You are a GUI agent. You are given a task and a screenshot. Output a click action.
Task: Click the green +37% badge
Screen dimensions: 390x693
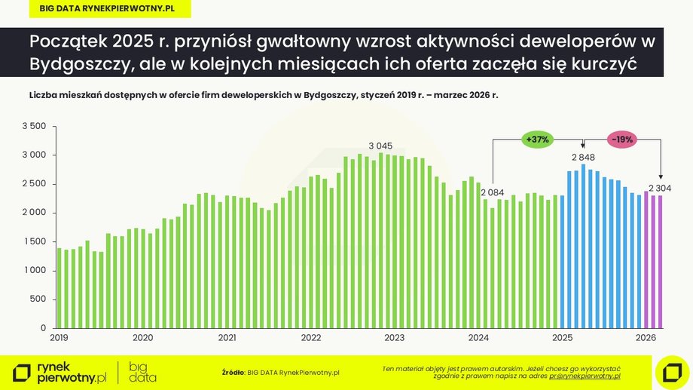(539, 140)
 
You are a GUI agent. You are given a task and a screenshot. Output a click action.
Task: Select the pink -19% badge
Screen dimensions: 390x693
(622, 140)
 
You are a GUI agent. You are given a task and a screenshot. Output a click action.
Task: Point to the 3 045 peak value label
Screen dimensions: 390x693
(382, 145)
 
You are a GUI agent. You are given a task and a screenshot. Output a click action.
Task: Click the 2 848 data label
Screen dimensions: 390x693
(584, 158)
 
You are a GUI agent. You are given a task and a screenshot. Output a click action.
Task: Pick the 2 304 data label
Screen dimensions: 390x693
(660, 188)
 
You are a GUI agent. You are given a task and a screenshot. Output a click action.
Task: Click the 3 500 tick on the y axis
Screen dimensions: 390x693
(35, 126)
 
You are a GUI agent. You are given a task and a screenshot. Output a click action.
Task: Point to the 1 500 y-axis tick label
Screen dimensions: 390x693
(35, 241)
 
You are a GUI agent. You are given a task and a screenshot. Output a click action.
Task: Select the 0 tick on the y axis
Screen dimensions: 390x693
(44, 328)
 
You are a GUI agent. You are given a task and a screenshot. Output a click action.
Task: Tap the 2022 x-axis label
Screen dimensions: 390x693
(310, 338)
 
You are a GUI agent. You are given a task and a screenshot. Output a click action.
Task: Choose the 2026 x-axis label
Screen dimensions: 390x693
(645, 338)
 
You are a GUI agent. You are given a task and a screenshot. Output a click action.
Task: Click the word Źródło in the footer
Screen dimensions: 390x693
(233, 372)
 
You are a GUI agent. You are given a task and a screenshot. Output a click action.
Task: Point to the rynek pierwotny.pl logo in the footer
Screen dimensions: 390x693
(60, 371)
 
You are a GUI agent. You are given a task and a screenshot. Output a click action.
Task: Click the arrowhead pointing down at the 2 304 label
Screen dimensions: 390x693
(661, 177)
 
